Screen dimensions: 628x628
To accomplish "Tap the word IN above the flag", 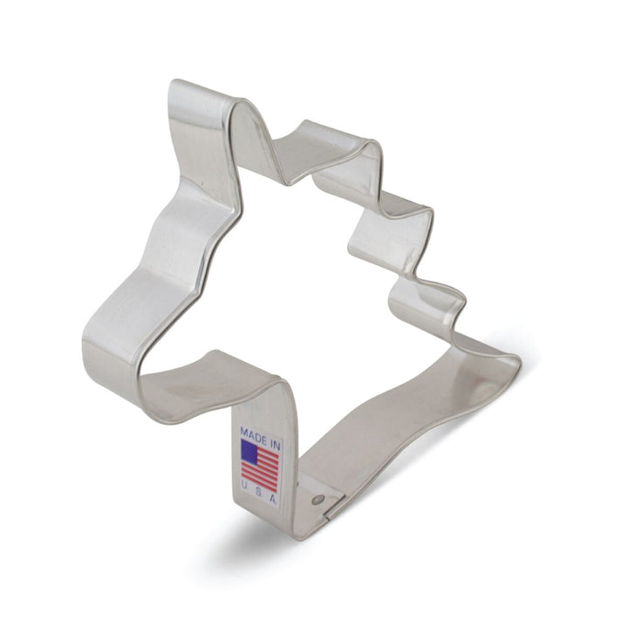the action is pyautogui.click(x=275, y=444).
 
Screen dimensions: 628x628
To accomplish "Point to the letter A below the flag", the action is pyautogui.click(x=273, y=500).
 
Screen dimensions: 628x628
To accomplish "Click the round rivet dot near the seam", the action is pyautogui.click(x=319, y=500).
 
